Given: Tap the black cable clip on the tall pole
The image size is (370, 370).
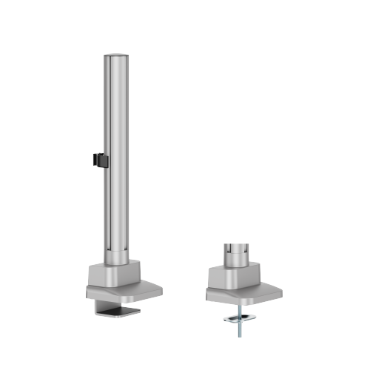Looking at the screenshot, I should [97, 160].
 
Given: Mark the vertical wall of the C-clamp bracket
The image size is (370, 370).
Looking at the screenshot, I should [90, 304].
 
